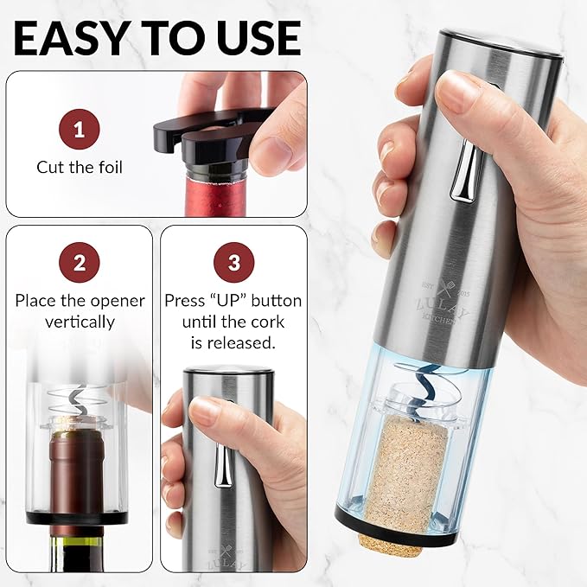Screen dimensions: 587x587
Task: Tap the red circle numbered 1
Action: [x=80, y=131]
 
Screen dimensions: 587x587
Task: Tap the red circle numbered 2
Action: [x=80, y=265]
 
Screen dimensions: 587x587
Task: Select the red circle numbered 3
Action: [x=233, y=265]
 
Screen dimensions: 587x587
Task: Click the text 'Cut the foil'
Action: [x=80, y=167]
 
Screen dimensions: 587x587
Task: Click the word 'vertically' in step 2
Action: [x=80, y=322]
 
